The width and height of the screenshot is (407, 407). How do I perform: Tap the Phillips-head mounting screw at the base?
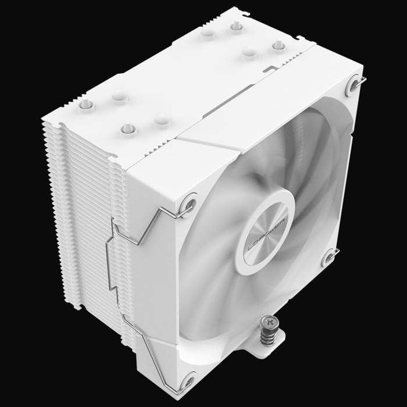pos(267,320)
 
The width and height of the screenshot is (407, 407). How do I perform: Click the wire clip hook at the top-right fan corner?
pos(362,82)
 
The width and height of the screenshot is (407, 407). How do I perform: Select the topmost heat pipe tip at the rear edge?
pos(237,26)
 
